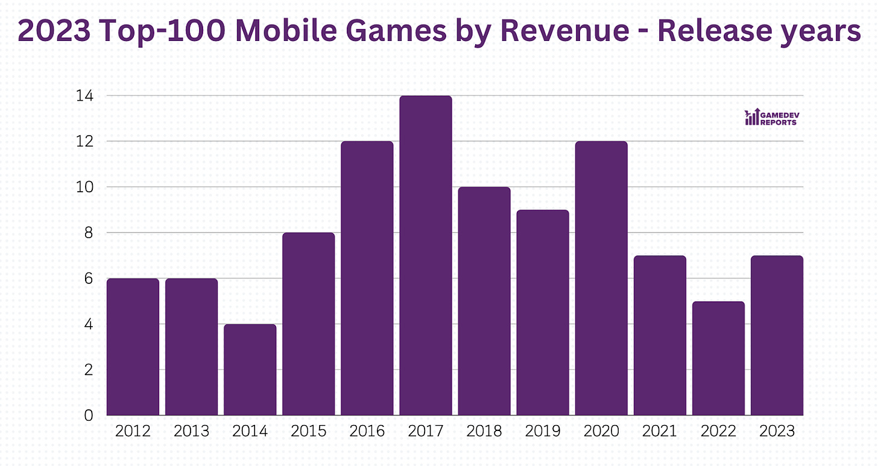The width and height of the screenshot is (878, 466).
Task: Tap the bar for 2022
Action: pyautogui.click(x=718, y=358)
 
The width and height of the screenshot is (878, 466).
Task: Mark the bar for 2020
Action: pyautogui.click(x=601, y=278)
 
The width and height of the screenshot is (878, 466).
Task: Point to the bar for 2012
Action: pyautogui.click(x=133, y=347)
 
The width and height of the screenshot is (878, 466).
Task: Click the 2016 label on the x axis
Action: pyautogui.click(x=367, y=432)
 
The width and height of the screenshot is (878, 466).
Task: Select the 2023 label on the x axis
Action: pyautogui.click(x=777, y=432)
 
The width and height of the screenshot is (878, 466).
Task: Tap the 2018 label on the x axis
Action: pyautogui.click(x=484, y=432)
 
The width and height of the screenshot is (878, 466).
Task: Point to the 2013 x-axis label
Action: pyautogui.click(x=191, y=432)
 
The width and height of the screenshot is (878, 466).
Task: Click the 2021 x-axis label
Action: pyautogui.click(x=660, y=432)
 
